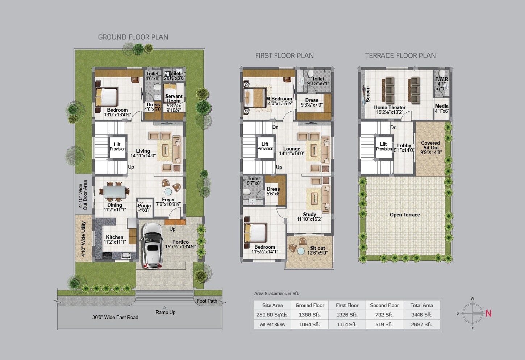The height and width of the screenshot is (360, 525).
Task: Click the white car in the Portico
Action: [x=152, y=246]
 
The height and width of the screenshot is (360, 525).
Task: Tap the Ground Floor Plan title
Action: [x=133, y=37]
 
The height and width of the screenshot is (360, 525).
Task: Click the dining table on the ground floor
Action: [x=115, y=191]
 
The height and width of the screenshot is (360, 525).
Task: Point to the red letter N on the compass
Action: [x=488, y=313]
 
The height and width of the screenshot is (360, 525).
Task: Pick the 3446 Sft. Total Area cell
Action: [x=422, y=315]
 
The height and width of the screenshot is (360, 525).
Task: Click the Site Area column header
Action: [x=272, y=305]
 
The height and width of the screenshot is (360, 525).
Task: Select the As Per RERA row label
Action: [x=272, y=324]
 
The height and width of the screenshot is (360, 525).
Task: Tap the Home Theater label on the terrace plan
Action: [x=389, y=107]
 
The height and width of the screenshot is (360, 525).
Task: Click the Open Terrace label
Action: [x=405, y=215]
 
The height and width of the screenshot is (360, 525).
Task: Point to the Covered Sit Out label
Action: [x=430, y=145]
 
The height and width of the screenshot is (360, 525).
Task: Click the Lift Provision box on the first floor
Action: [x=265, y=146]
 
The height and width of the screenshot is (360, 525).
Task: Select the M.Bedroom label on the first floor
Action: [x=279, y=99]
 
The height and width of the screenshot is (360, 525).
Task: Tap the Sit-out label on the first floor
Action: [x=317, y=248]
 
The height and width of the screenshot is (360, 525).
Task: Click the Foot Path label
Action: [x=207, y=301]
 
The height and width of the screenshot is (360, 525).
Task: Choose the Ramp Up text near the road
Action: [x=165, y=312]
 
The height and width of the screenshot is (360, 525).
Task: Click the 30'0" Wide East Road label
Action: [x=115, y=317]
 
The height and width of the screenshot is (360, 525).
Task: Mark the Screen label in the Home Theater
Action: [x=368, y=94]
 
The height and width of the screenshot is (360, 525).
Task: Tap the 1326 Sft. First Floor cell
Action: [x=347, y=315]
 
